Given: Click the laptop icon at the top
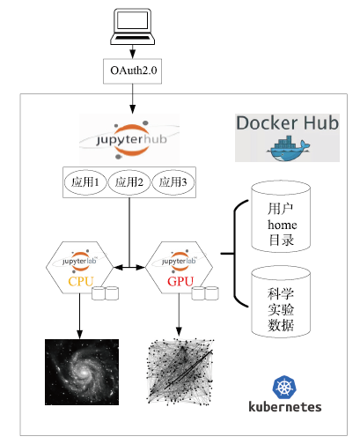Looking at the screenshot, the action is coord(133,26).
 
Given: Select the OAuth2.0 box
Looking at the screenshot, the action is coord(132,71).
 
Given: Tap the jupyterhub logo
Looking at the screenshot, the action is coord(129,139).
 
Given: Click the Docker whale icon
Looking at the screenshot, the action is coord(288,148).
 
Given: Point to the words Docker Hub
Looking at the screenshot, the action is coord(287,122).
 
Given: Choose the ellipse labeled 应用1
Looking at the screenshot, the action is coord(85,182).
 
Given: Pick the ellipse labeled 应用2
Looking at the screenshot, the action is coord(129,182).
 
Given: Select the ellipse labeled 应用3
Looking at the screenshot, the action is coord(173,182).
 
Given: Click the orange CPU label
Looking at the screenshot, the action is coord(81,282).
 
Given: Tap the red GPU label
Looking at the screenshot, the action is coord(180,282).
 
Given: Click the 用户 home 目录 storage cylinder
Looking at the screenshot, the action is coord(281,217).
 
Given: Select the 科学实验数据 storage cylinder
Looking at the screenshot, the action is coord(281,302).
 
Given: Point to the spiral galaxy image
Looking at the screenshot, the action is coord(82,372).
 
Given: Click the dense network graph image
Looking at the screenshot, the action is coord(180,372).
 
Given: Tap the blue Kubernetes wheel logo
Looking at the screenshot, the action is coord(284,387).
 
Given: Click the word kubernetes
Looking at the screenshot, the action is coord(285,407).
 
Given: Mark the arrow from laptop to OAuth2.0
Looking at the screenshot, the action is coord(133,52).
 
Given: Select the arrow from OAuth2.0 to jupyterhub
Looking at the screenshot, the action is coord(133,99).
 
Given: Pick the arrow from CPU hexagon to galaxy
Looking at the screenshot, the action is coord(79,316).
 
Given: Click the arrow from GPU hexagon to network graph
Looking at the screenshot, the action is coord(179,315).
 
